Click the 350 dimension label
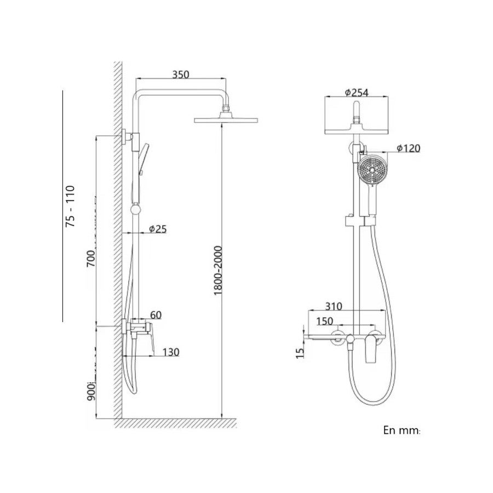tap(181, 74)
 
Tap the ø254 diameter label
tap(356, 93)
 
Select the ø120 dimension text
tap(409, 148)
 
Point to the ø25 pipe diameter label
tap(158, 229)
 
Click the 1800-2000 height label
tap(218, 271)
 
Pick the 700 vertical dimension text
tap(91, 259)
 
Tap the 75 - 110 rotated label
tap(70, 207)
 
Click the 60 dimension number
tap(156, 315)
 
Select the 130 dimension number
tap(171, 352)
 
